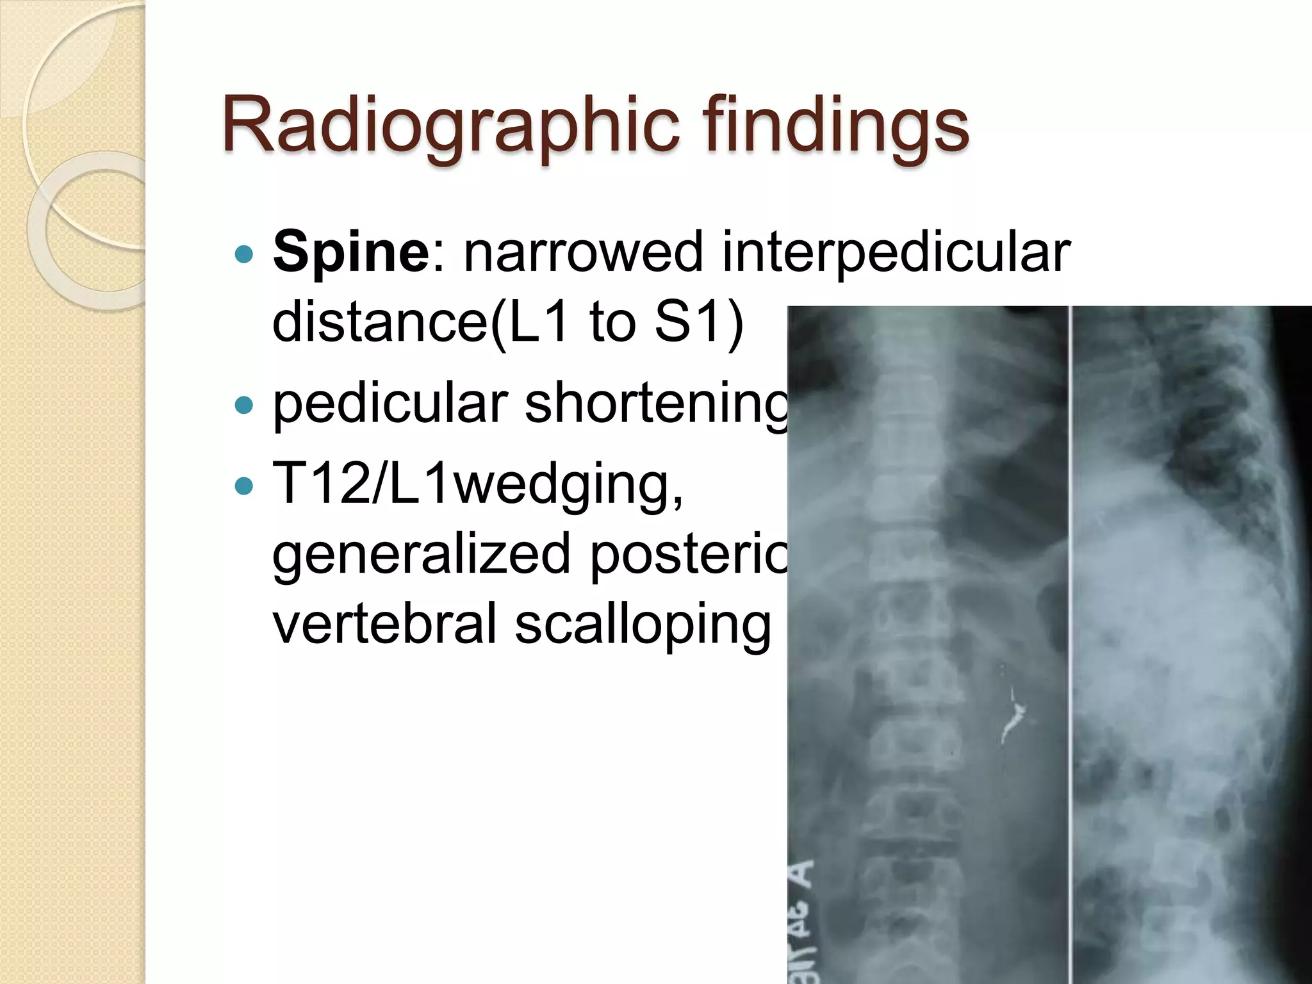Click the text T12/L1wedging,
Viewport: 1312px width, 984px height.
point(478,484)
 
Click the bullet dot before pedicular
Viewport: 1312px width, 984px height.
point(244,405)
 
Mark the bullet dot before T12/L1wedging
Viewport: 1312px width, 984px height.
point(244,485)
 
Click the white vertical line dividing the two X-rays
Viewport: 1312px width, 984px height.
point(1070,641)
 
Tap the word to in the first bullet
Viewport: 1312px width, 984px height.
point(611,322)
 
